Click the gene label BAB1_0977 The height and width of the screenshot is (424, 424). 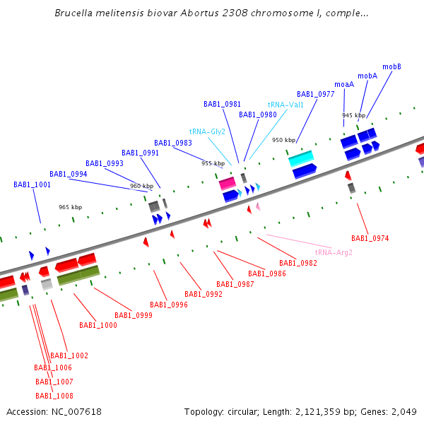coord(315,94)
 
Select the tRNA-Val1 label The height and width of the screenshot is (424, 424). coord(285,105)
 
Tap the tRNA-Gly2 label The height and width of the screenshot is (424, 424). coord(207,131)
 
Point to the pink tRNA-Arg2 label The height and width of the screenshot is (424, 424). coord(334,252)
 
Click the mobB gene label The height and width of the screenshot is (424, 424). coord(392,66)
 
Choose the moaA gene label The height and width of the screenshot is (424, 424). coord(344,84)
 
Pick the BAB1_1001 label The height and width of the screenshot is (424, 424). coord(32,184)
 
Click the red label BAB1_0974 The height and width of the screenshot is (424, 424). coord(370,239)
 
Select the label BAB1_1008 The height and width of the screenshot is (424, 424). coord(54,396)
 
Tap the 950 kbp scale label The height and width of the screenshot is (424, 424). coord(283,140)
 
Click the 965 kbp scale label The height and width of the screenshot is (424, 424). coord(70,207)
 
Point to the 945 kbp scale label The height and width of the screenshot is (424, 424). coord(353,115)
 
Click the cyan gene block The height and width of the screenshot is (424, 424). coord(301,158)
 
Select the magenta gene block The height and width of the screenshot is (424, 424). coord(227,183)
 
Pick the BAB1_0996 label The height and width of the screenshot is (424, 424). coord(169,305)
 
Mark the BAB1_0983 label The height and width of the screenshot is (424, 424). coord(173,143)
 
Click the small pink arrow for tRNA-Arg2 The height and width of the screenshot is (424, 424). coord(258,206)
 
